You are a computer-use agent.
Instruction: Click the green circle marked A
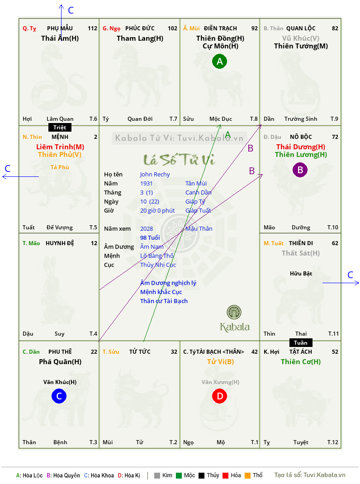tap(219, 61)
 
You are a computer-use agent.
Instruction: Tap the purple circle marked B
tap(300, 170)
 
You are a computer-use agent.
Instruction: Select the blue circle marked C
tap(59, 396)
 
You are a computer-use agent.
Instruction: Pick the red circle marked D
tap(219, 396)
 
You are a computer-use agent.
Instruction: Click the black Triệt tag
tap(60, 128)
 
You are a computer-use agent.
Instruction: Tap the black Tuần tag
tap(301, 342)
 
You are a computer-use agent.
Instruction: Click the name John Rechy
tap(155, 175)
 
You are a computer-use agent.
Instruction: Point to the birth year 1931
tap(147, 183)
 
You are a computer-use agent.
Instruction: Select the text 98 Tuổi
tap(150, 237)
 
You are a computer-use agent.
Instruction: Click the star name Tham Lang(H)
tap(140, 38)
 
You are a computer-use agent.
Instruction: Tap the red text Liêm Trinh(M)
tap(60, 147)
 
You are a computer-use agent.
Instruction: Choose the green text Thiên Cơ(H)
tap(301, 362)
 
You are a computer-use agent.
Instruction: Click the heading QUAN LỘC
tap(301, 28)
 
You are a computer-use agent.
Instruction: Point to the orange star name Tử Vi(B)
tap(220, 362)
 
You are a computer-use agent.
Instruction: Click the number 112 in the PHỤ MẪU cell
tap(92, 28)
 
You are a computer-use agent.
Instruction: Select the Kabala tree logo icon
tap(234, 312)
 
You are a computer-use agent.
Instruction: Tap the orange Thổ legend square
tap(248, 475)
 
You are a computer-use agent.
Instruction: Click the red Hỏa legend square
tap(225, 475)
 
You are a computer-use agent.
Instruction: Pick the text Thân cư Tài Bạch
tap(164, 301)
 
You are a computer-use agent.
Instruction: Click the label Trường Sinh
tap(301, 119)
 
